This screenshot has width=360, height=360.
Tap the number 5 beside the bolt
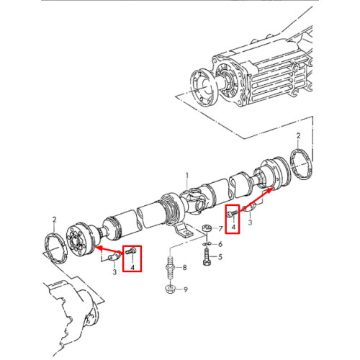(x=220, y=257)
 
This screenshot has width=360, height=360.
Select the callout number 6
(x=220, y=244)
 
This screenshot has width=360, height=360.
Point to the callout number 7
(x=220, y=229)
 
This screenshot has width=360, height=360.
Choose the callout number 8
(x=184, y=267)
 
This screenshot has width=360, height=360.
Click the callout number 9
(x=185, y=289)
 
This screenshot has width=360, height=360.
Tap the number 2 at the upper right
(x=298, y=135)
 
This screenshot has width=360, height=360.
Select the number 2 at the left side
(x=55, y=220)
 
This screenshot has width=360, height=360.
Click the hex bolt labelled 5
(x=207, y=257)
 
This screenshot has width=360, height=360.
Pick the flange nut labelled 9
(x=170, y=289)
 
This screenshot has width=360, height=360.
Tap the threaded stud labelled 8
(x=170, y=267)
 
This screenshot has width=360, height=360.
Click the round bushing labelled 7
(x=206, y=228)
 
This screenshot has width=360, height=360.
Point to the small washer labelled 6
(x=206, y=244)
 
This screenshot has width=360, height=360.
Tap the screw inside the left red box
(x=130, y=251)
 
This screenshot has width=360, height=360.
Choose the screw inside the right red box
(x=233, y=213)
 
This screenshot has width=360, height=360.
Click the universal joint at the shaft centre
(x=194, y=200)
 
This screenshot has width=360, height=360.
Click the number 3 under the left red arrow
(x=114, y=272)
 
